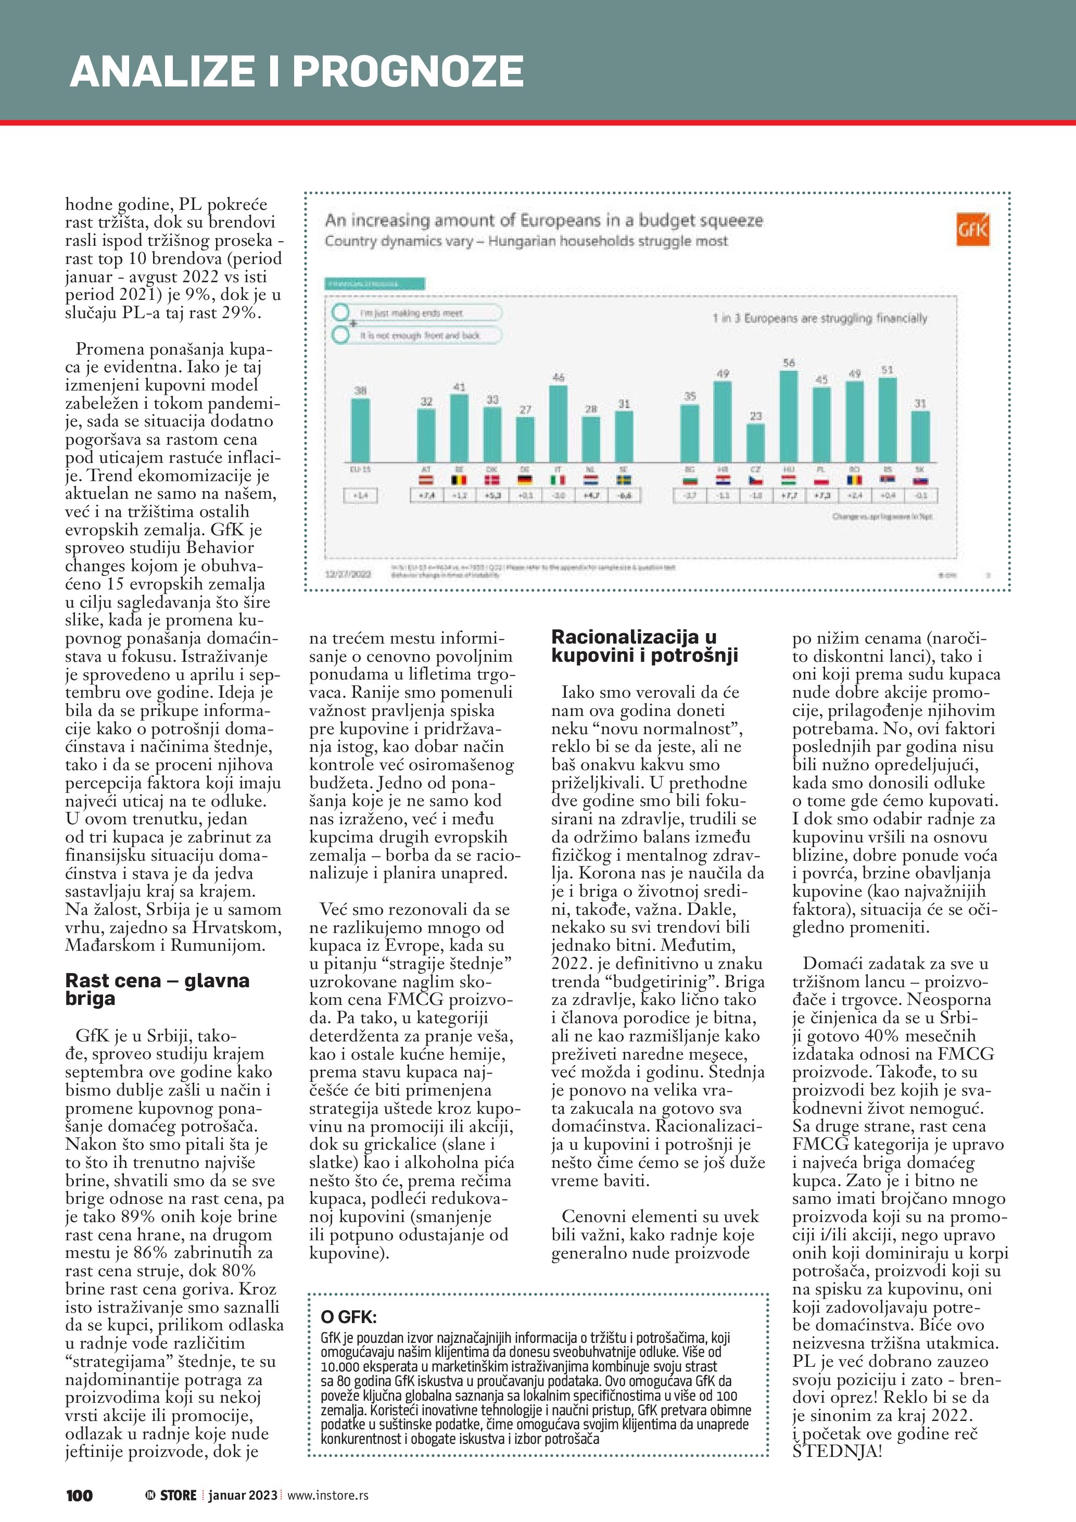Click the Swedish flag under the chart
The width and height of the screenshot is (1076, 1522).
click(624, 480)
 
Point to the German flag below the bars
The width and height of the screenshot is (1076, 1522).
click(525, 480)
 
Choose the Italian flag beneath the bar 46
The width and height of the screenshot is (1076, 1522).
click(558, 480)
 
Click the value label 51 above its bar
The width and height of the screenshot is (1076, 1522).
click(887, 370)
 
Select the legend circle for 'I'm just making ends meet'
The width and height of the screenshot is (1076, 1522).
click(341, 312)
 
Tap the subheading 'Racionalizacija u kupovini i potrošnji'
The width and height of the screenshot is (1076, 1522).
click(644, 646)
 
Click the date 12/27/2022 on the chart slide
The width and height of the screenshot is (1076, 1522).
click(348, 573)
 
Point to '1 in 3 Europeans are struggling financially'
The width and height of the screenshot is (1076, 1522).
click(819, 318)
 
